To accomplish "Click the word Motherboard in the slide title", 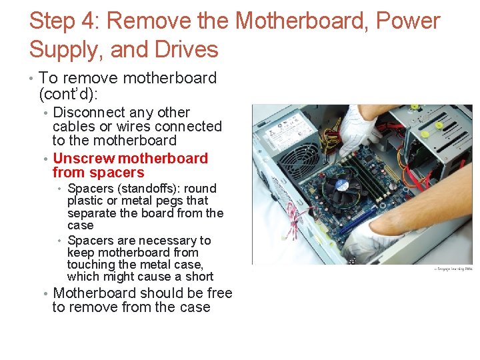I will coord(303,21).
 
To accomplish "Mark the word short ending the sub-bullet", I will coord(199,277).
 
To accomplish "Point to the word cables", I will coord(73,127).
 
